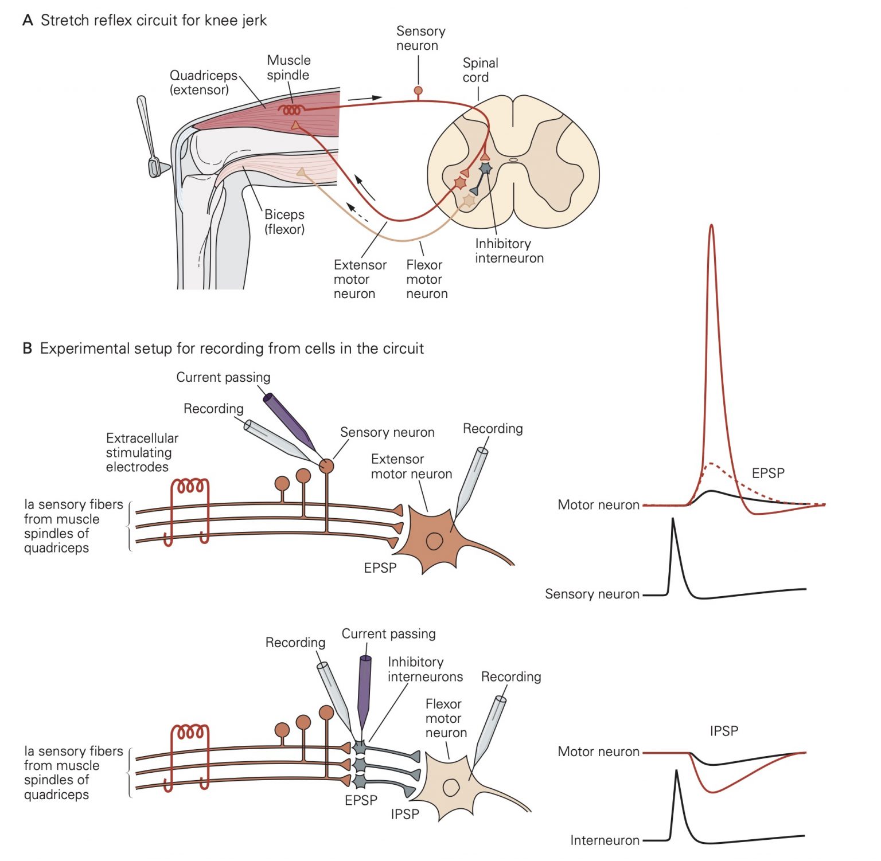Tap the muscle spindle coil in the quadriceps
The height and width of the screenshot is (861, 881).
point(291,109)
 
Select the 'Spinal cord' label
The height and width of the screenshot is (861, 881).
point(480,70)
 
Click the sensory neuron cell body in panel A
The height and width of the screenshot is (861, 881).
point(418,91)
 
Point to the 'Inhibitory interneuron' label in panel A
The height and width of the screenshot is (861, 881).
point(509,251)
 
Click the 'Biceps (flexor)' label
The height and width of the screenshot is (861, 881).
point(284,222)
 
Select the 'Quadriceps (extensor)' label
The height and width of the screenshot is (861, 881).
point(203,83)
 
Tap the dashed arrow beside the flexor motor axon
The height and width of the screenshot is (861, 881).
point(358,213)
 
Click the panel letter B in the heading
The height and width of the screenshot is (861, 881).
point(27,349)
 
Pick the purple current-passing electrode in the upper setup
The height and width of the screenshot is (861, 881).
point(289,420)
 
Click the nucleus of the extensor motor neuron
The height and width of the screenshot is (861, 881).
point(434,541)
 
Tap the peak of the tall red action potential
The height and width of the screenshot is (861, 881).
point(711,226)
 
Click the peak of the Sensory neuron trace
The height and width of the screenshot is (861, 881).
point(673,520)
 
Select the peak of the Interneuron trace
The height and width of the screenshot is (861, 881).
point(677,772)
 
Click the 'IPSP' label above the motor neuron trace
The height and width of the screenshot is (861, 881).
point(724,731)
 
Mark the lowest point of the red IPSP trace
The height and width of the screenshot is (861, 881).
point(712,792)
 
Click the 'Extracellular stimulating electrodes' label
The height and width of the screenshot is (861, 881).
point(142,452)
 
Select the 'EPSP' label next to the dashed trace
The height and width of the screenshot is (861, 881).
point(767,473)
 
